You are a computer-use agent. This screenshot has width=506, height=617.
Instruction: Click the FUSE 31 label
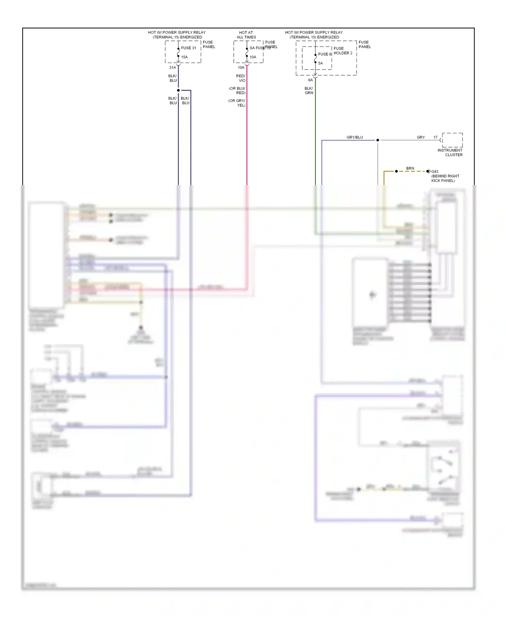click(188, 48)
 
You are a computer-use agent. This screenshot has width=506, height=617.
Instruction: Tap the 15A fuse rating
click(184, 57)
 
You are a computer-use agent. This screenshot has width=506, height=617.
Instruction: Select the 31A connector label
click(172, 68)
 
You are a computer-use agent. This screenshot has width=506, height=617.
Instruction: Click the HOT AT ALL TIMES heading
click(246, 35)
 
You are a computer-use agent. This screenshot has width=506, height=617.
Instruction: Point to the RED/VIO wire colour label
click(241, 78)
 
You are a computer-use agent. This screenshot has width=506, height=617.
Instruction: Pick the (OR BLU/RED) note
click(237, 90)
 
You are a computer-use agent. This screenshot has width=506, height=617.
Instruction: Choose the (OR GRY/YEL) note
click(237, 103)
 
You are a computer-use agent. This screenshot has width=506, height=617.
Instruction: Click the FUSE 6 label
click(325, 54)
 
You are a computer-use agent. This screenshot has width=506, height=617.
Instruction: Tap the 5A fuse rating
click(320, 63)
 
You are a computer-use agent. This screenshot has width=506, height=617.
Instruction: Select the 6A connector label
click(310, 80)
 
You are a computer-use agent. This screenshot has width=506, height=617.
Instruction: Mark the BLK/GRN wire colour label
click(309, 90)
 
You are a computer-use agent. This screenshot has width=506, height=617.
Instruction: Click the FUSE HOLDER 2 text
click(343, 51)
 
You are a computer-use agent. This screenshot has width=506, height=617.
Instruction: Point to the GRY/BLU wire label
click(355, 137)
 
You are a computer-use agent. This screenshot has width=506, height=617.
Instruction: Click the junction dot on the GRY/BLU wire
click(378, 140)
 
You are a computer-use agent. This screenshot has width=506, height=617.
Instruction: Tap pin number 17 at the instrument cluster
click(435, 137)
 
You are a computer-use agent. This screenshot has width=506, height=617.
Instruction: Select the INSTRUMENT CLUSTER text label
click(450, 153)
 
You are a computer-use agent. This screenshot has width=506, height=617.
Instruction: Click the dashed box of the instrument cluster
click(452, 140)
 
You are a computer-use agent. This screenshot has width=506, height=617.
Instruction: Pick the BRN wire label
click(410, 168)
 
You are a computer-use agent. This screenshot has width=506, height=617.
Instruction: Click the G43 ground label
click(435, 171)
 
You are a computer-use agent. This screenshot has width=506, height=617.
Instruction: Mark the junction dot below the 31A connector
click(178, 90)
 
